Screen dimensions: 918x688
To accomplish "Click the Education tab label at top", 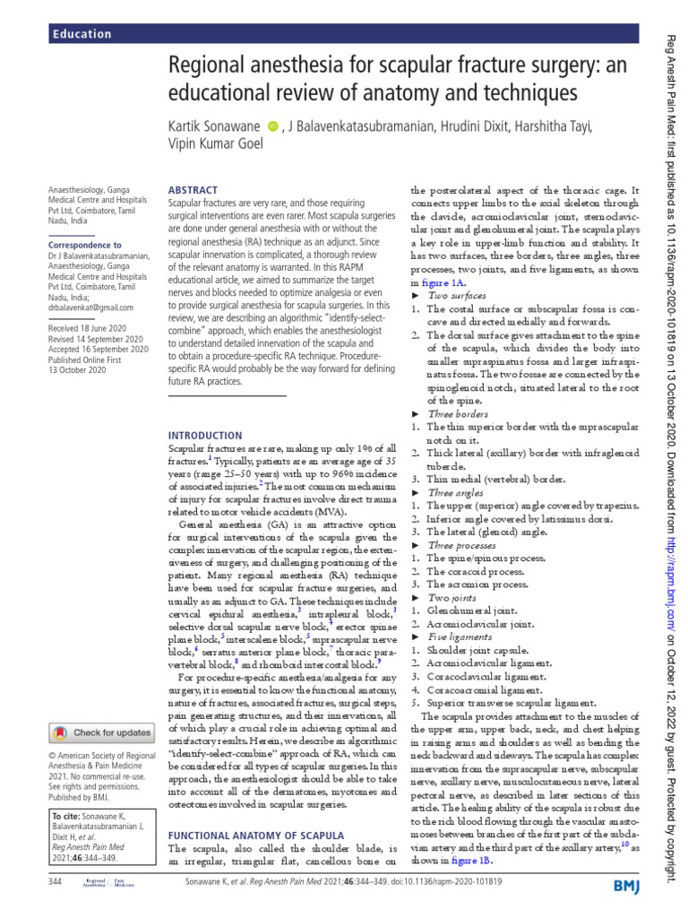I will coord(82,34).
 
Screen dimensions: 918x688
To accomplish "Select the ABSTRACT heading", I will coord(193,190).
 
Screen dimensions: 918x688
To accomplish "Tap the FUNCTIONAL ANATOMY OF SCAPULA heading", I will coord(255,835).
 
